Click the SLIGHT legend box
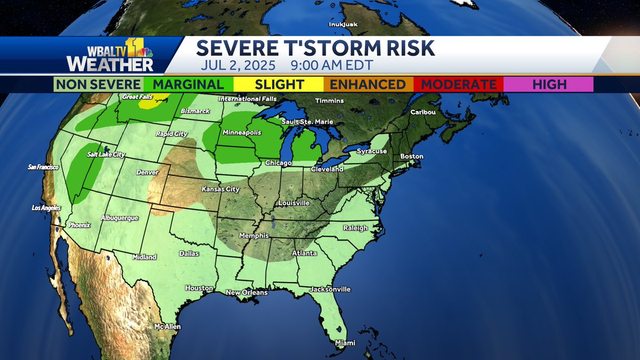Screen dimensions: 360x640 [x=279, y=84]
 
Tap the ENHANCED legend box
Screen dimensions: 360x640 [x=368, y=84]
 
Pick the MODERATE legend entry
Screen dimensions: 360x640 [x=459, y=84]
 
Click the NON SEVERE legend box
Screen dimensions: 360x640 [x=99, y=84]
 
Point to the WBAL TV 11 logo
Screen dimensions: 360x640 [x=109, y=55]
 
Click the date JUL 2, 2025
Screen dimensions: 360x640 [x=238, y=66]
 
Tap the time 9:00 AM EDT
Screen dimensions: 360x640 [x=332, y=66]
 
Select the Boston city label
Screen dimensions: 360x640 [x=412, y=156]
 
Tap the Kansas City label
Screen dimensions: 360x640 [x=220, y=189]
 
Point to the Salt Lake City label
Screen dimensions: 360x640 [x=106, y=154]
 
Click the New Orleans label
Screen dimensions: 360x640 [x=246, y=292]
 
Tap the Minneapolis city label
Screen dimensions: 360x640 [x=242, y=132]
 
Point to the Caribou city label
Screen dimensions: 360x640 [x=422, y=113]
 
